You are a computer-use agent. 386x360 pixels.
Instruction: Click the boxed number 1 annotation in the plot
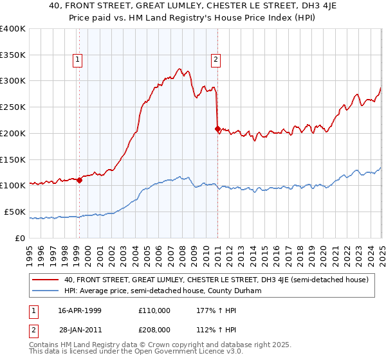coord(77,60)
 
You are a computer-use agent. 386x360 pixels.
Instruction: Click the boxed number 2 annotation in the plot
coord(216,60)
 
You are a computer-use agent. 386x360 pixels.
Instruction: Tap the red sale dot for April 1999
coord(79,181)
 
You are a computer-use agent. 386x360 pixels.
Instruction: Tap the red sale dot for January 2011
coord(217,129)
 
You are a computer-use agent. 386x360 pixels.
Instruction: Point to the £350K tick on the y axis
coord(14,55)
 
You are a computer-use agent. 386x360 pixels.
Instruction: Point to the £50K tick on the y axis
coord(15,212)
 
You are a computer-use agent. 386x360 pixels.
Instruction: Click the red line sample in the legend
coord(45,280)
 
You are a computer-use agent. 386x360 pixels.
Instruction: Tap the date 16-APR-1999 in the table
coord(80,310)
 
